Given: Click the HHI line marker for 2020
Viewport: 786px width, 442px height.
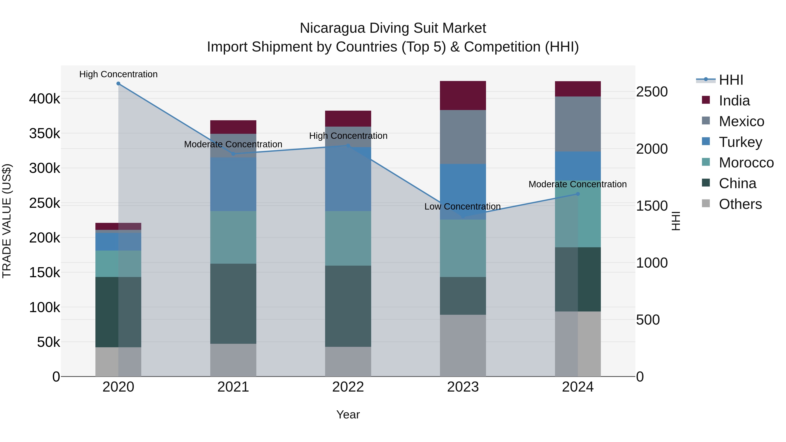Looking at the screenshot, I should pos(118,84).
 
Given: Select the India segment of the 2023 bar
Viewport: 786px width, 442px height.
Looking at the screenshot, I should pos(463,95).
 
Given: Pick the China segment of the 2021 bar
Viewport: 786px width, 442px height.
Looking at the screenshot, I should pos(233,304).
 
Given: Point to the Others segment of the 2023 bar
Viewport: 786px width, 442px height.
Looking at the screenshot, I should pos(463,345).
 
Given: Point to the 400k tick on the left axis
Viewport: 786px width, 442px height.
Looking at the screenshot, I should pos(45,99).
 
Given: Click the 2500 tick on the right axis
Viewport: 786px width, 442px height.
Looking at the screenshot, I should pos(652,92).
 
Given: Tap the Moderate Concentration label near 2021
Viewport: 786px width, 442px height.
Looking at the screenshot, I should pos(233,144).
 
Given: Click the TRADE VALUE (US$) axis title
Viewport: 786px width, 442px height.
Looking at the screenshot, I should pos(7,221).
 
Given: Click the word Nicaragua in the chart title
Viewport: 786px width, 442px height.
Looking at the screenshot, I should pos(332,28).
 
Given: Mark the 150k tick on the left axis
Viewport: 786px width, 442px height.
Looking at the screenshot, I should pos(45,272).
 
